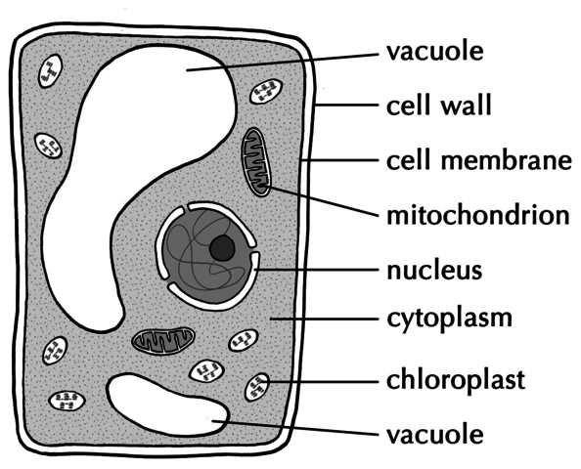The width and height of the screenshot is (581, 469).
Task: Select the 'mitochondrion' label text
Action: [x=475, y=213]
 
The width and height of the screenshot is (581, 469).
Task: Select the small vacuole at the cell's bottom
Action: [x=166, y=404]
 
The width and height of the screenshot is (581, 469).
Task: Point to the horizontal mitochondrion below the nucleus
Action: [x=163, y=340]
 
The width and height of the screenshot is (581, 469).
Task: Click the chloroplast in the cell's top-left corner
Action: [x=49, y=71]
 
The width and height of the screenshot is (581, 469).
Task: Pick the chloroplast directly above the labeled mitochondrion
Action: [x=265, y=94]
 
